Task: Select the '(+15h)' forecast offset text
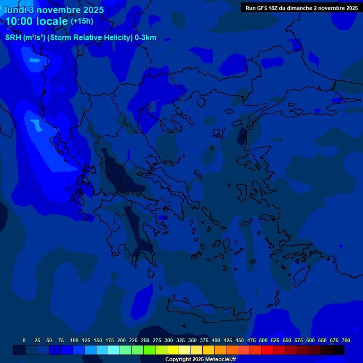tap(82, 21)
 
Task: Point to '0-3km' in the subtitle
tap(146, 38)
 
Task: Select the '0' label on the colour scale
tap(24, 340)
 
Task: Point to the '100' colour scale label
tap(74, 340)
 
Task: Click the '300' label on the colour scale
tap(169, 340)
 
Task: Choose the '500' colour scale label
tap(263, 340)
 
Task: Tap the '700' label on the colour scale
tap(346, 340)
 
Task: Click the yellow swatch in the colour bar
tap(173, 350)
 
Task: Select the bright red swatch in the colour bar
tap(268, 350)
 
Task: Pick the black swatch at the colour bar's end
tap(338, 350)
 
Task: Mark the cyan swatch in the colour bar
tap(114, 350)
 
